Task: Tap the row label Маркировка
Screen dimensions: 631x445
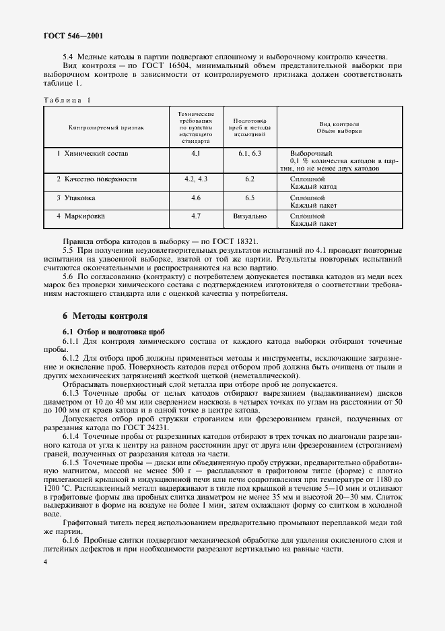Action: coord(81,216)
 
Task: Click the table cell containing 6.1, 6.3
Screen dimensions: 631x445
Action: coord(249,154)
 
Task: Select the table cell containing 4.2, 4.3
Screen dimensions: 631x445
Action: coord(196,179)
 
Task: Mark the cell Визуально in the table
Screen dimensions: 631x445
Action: coord(250,216)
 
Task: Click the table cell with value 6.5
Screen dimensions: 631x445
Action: coord(250,198)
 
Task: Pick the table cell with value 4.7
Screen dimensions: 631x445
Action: coord(196,216)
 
